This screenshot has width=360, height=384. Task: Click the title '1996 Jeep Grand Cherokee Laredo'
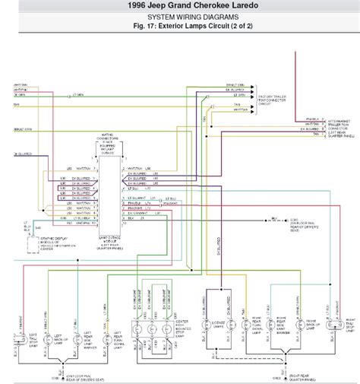click(180, 6)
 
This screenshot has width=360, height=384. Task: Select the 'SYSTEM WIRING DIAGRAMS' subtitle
click(180, 16)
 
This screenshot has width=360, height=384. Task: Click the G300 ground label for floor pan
click(292, 221)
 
